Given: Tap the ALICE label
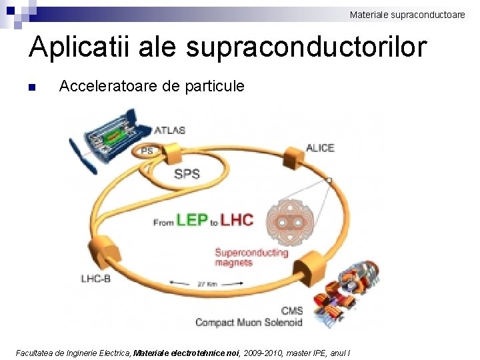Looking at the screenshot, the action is tap(320, 147).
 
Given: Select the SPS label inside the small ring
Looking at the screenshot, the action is tap(187, 174).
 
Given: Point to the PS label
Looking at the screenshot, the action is tap(147, 151).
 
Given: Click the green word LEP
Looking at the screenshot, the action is tap(191, 220).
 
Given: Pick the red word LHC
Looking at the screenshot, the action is tap(237, 220).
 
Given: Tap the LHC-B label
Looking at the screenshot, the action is tap(96, 278).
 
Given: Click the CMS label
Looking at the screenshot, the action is tap(292, 310).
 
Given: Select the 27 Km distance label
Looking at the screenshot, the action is tap(207, 284).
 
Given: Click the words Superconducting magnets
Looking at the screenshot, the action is tap(251, 257).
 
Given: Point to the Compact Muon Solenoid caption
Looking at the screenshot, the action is tap(249, 323).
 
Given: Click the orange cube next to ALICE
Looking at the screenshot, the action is tap(292, 160).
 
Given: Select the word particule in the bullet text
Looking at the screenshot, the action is tap(217, 87).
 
